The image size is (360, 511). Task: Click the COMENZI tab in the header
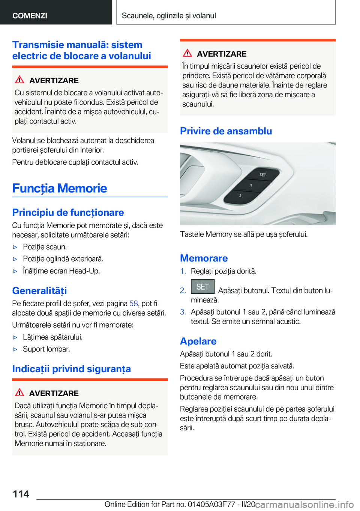click(30, 15)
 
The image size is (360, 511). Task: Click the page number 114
click(21, 494)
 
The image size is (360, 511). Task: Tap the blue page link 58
click(133, 304)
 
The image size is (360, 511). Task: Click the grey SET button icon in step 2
click(202, 287)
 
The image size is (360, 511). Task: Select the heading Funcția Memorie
click(60, 188)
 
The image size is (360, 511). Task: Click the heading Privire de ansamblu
click(226, 131)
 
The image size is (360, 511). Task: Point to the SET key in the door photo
click(262, 175)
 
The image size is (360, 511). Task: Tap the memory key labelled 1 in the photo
click(251, 186)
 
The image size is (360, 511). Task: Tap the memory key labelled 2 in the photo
click(240, 196)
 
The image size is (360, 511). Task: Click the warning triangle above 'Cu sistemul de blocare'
click(19, 80)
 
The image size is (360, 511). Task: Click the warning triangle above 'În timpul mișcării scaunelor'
click(187, 53)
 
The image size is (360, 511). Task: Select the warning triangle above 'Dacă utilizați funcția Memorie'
click(19, 392)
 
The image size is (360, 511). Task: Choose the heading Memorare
click(204, 258)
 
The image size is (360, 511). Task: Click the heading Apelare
click(198, 341)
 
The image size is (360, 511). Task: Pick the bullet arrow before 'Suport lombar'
click(15, 349)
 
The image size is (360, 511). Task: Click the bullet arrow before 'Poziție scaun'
click(15, 247)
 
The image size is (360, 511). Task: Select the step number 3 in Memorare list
click(183, 312)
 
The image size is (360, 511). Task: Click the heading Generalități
click(39, 291)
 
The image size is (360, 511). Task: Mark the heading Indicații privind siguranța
click(72, 369)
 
